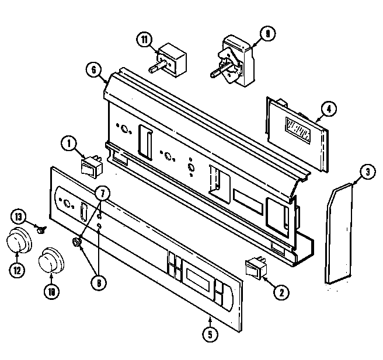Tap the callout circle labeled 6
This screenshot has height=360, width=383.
coord(92,69)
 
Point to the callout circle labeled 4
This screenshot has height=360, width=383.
coord(329,108)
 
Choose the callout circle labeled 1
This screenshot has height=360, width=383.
coord(69,142)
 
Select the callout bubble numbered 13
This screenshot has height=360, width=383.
coord(19,217)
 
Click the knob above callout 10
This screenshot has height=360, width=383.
coord(51,260)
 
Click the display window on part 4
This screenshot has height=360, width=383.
coord(300,128)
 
